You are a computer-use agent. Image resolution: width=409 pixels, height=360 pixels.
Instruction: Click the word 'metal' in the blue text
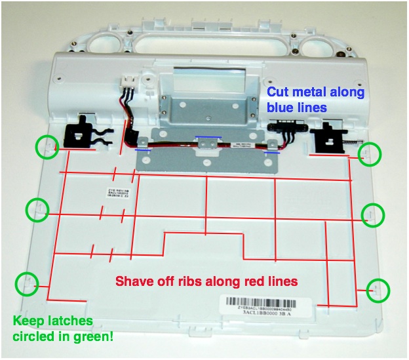point(314,92)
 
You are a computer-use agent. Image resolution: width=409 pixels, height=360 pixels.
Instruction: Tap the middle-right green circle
point(373,214)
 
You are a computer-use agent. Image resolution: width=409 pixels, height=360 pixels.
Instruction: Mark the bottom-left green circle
point(26,283)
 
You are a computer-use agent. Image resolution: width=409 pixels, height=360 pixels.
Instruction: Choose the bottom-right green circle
point(377,289)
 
